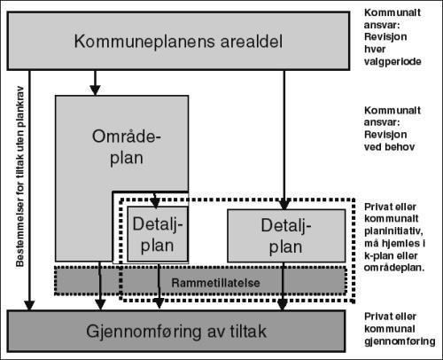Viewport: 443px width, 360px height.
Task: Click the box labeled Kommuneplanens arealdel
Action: click(x=178, y=41)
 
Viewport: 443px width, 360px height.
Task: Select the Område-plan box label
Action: click(x=127, y=147)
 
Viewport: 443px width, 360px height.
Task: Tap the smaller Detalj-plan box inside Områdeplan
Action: click(x=158, y=234)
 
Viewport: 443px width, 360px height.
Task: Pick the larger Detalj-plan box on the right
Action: click(x=286, y=236)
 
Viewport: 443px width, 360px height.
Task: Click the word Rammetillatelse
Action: click(x=215, y=283)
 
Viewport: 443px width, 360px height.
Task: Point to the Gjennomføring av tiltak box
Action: click(x=176, y=331)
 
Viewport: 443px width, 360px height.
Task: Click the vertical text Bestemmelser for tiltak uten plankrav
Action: click(x=19, y=176)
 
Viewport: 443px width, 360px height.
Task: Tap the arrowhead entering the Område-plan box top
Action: click(x=95, y=90)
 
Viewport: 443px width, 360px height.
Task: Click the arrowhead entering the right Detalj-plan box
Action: click(x=284, y=204)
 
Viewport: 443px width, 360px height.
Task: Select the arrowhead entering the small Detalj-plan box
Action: click(x=155, y=202)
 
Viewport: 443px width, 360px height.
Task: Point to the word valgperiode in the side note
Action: click(x=392, y=62)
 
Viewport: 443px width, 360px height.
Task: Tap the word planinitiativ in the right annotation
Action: click(x=393, y=231)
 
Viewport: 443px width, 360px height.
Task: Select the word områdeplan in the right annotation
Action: click(x=394, y=268)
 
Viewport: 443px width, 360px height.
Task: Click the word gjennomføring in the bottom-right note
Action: click(x=400, y=341)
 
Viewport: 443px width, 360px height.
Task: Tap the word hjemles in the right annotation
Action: click(x=400, y=243)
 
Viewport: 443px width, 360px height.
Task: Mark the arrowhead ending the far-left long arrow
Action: click(x=29, y=306)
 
